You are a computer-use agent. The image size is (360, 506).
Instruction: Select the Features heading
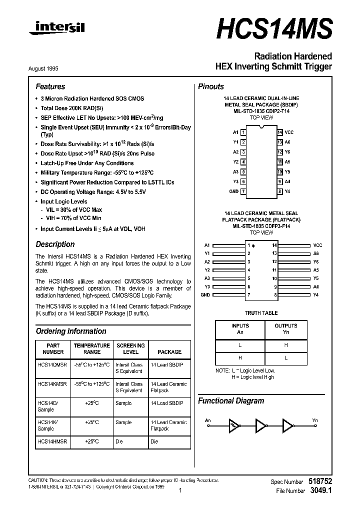pos(50,86)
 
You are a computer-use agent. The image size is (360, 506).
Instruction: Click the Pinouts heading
pos(211,86)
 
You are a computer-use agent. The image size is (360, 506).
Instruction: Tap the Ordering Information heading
pos(71,331)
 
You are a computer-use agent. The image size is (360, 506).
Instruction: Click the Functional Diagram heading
pos(231,400)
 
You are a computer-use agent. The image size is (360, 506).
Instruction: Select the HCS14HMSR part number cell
pos(52,441)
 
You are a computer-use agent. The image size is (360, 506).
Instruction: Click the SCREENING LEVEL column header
pos(130,348)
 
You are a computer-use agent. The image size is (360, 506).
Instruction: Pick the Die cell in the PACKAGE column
pos(154,441)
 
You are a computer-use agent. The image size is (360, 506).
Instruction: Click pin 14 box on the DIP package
pos(280,132)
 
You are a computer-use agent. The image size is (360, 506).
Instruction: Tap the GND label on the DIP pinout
pos(234,191)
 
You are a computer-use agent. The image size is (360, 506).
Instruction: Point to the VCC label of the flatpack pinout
pos(317,245)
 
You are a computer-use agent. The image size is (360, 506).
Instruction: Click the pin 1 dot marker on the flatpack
pos(253,246)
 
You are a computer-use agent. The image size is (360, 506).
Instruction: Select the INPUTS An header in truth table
pos(240,328)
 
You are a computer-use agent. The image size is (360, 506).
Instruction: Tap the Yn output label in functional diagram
pos(314,420)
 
